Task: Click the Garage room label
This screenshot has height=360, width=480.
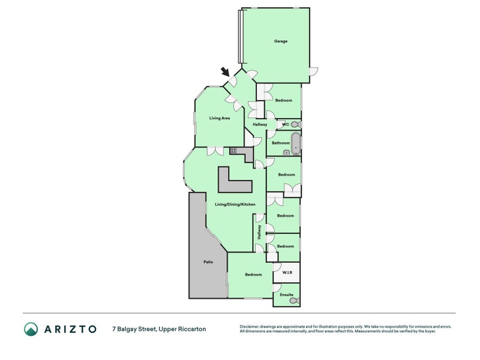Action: click(280, 41)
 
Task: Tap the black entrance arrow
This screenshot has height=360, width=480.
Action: click(226, 72)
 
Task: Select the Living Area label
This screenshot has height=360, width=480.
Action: click(220, 118)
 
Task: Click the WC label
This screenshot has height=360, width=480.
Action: click(286, 124)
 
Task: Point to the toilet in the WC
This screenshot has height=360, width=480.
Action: click(295, 125)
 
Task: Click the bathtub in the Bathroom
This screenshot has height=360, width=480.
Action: click(295, 143)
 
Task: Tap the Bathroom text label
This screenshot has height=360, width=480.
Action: click(281, 143)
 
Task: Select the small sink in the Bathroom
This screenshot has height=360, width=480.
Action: click(287, 152)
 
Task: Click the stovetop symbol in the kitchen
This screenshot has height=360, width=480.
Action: click(233, 151)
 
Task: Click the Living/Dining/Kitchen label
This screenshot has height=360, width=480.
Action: click(235, 204)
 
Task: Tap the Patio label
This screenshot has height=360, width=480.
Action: click(208, 262)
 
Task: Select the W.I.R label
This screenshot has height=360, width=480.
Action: click(287, 272)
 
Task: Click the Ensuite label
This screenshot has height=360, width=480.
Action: click(287, 295)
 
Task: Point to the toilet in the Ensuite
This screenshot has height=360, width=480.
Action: click(295, 301)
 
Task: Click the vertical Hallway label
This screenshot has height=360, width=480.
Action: click(259, 232)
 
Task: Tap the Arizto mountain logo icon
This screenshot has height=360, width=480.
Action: click(31, 329)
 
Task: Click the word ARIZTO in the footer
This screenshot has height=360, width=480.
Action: click(70, 329)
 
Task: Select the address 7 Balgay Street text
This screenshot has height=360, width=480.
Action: click(134, 329)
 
